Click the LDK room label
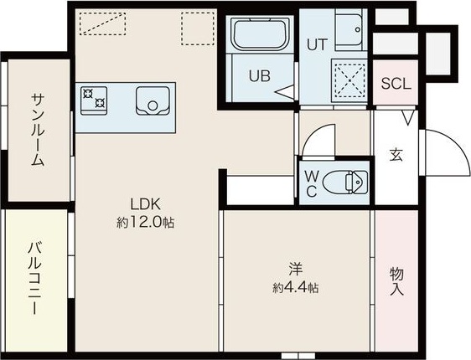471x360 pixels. pyautogui.click(x=145, y=204)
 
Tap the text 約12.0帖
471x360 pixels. pyautogui.click(x=145, y=223)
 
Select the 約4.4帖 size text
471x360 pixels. pyautogui.click(x=296, y=288)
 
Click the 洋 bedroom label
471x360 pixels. pyautogui.click(x=296, y=270)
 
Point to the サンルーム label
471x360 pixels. pyautogui.click(x=39, y=130)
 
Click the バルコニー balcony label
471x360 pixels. pyautogui.click(x=35, y=278)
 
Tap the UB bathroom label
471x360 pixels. pyautogui.click(x=260, y=76)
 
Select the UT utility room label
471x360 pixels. pyautogui.click(x=317, y=44)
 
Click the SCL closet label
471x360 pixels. pyautogui.click(x=396, y=84)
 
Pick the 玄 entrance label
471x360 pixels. pyautogui.click(x=396, y=154)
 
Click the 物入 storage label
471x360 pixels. pyautogui.click(x=396, y=281)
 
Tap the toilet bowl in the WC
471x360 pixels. pyautogui.click(x=345, y=182)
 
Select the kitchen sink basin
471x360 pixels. pyautogui.click(x=153, y=100)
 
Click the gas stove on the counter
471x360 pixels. pyautogui.click(x=94, y=100)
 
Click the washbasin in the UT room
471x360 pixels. pyautogui.click(x=349, y=29)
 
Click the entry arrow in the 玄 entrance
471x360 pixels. pyautogui.click(x=408, y=117)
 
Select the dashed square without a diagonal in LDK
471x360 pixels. pyautogui.click(x=199, y=28)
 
